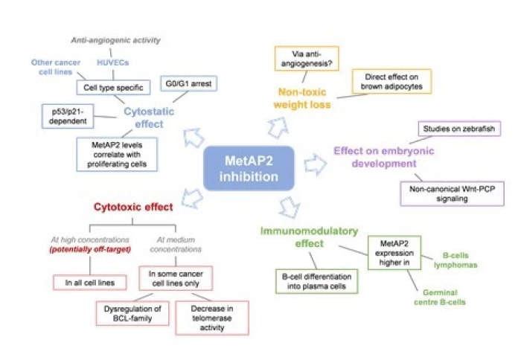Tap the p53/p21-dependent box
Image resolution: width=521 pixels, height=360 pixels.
(x=71, y=115)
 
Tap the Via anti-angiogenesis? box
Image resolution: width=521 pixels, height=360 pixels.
(x=304, y=59)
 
